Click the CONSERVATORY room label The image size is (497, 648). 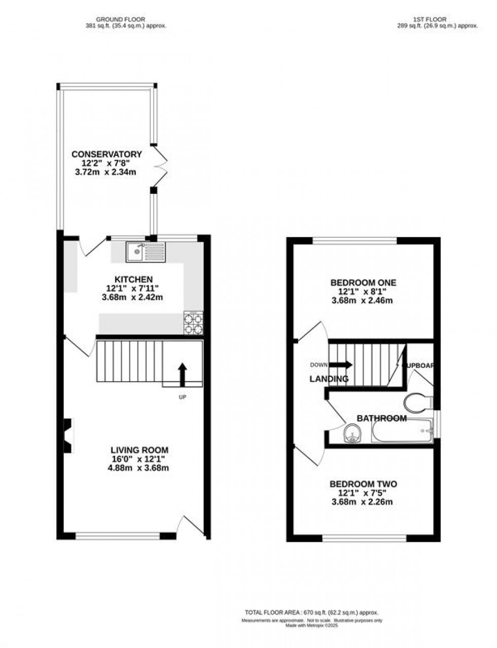(106, 154)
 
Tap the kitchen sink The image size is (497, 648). (146, 251)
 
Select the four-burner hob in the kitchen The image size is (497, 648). (193, 323)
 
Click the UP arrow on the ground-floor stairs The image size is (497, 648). (182, 374)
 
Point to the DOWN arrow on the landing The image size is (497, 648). (341, 364)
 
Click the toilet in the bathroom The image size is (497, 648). (417, 403)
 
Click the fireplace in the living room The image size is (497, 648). (68, 435)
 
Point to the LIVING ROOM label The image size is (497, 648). (139, 450)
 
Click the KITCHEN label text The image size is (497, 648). (133, 279)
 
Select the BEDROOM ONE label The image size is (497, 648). (363, 283)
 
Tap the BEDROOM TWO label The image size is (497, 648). (363, 485)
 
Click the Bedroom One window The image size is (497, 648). (354, 241)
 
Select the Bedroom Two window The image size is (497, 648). (364, 538)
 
